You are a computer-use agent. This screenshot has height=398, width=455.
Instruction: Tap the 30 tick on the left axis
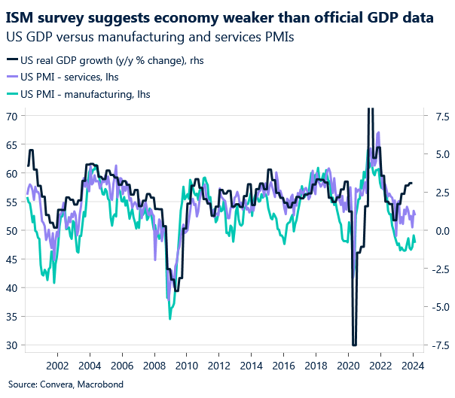13,345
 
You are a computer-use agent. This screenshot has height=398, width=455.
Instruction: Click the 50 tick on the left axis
13,231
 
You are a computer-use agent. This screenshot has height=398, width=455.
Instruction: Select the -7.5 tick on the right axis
439,345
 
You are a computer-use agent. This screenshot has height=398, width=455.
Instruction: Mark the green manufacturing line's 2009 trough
169,318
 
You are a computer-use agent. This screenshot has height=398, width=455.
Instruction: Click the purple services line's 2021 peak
378,133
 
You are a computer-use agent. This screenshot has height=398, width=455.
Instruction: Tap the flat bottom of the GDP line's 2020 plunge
353,345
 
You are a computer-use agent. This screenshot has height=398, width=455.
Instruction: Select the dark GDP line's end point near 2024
412,184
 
